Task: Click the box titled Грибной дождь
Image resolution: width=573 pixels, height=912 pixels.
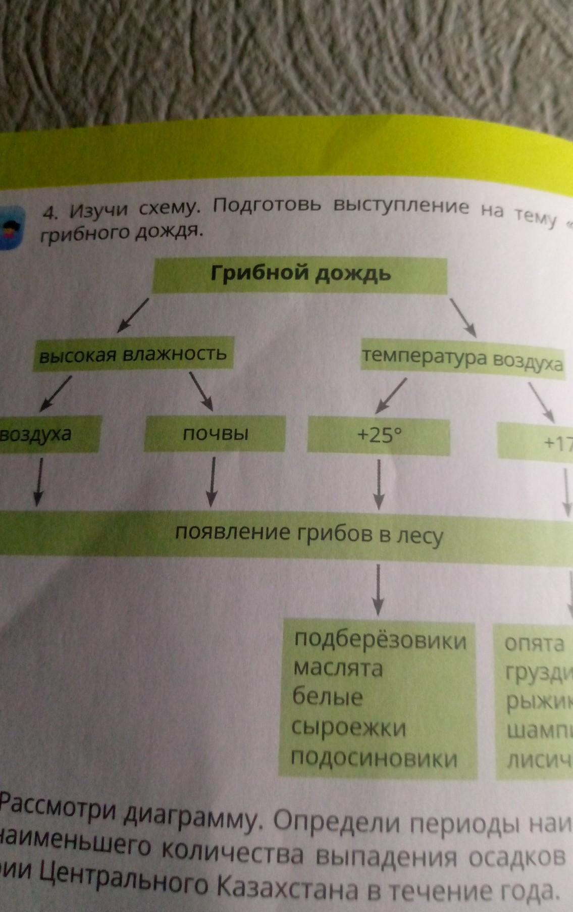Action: [300, 275]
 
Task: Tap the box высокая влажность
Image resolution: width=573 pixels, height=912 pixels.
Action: [133, 354]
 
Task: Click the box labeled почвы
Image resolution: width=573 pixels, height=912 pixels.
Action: [215, 433]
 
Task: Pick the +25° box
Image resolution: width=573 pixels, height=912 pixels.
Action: [379, 436]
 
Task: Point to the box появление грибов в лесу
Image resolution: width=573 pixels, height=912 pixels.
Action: [309, 534]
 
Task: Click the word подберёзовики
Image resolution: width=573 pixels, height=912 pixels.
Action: [380, 640]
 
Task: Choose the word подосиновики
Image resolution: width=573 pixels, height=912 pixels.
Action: [374, 758]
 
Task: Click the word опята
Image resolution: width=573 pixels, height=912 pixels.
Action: [534, 644]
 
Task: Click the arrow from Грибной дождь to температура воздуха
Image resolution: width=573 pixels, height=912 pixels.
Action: [463, 317]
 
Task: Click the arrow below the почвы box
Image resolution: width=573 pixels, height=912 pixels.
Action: [213, 482]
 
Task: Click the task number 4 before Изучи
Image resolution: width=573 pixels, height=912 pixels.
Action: [49, 214]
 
